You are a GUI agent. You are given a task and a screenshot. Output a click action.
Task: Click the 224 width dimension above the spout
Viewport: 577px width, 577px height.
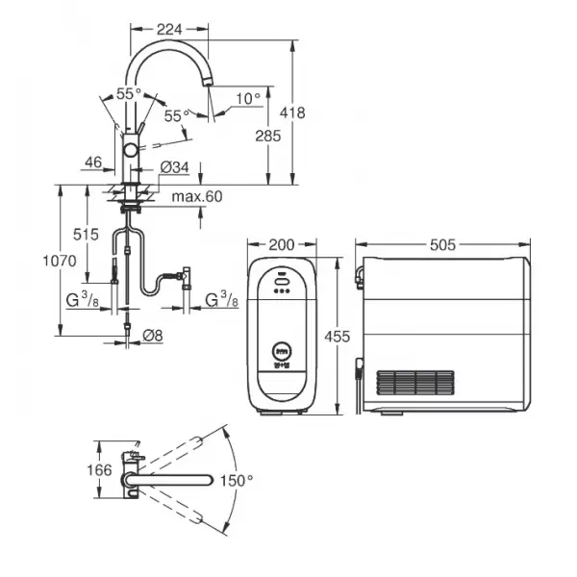tap(169, 30)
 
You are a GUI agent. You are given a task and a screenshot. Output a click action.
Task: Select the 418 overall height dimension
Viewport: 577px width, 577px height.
tap(292, 113)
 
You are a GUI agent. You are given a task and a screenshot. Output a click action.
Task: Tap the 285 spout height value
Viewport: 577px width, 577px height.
tap(268, 136)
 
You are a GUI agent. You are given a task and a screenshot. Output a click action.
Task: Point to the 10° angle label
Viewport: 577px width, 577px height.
tap(248, 99)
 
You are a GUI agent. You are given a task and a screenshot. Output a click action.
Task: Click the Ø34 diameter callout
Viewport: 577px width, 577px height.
tap(175, 167)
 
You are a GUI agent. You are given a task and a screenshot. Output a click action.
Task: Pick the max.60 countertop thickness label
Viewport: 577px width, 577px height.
tap(197, 196)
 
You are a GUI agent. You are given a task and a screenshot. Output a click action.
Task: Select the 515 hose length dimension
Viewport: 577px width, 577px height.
tap(86, 235)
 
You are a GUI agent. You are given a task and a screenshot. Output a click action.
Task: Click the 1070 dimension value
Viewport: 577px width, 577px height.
tap(60, 261)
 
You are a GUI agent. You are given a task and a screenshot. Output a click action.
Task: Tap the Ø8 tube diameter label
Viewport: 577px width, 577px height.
tap(153, 336)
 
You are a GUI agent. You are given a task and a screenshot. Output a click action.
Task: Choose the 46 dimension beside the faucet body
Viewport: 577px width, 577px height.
tap(93, 162)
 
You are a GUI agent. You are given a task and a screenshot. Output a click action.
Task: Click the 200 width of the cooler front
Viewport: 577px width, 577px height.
tap(282, 244)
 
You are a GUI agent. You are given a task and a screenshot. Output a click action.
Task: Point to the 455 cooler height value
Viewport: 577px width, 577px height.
tap(338, 337)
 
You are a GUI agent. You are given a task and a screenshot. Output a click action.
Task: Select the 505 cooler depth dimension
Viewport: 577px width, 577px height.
tap(442, 244)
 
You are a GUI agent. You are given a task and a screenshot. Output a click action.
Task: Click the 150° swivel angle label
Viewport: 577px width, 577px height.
tap(237, 481)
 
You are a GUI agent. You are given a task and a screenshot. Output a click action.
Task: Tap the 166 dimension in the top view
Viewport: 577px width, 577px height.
tap(99, 470)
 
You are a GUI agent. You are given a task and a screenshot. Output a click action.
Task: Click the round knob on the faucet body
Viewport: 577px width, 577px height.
tap(131, 150)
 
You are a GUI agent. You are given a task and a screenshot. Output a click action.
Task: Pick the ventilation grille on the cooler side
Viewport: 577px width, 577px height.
tap(415, 383)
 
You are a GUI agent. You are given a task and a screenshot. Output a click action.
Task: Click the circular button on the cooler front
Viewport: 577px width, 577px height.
tap(282, 350)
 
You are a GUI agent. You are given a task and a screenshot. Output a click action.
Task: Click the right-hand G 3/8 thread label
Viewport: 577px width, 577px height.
tap(221, 299)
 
